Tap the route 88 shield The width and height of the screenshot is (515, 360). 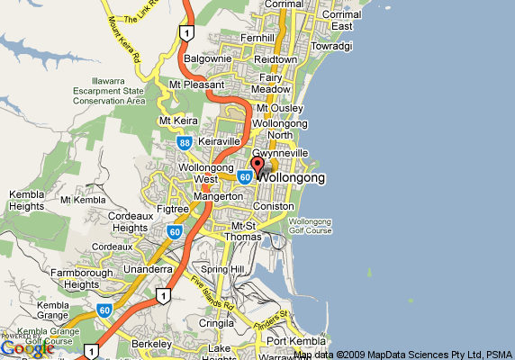click(184, 142)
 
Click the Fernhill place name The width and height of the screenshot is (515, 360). click(257, 38)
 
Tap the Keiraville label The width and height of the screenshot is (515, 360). click(220, 142)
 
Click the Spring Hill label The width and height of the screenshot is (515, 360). click(222, 269)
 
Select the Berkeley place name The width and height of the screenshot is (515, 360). click(150, 344)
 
